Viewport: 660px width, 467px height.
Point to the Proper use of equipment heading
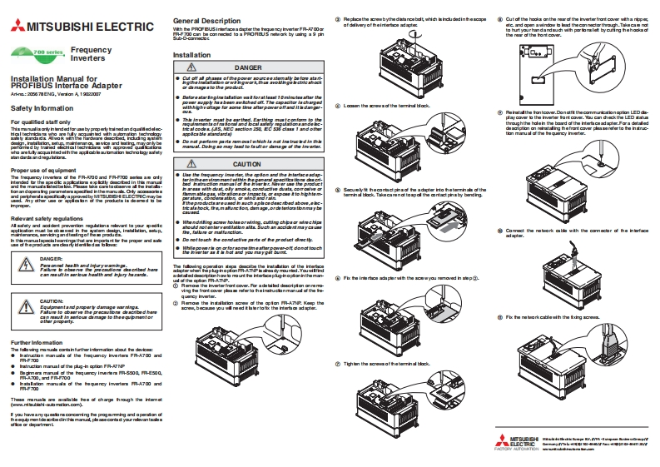pyautogui.click(x=46, y=168)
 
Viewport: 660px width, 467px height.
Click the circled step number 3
pyautogui.click(x=338, y=17)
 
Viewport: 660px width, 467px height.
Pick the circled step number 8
pyautogui.click(x=499, y=17)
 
